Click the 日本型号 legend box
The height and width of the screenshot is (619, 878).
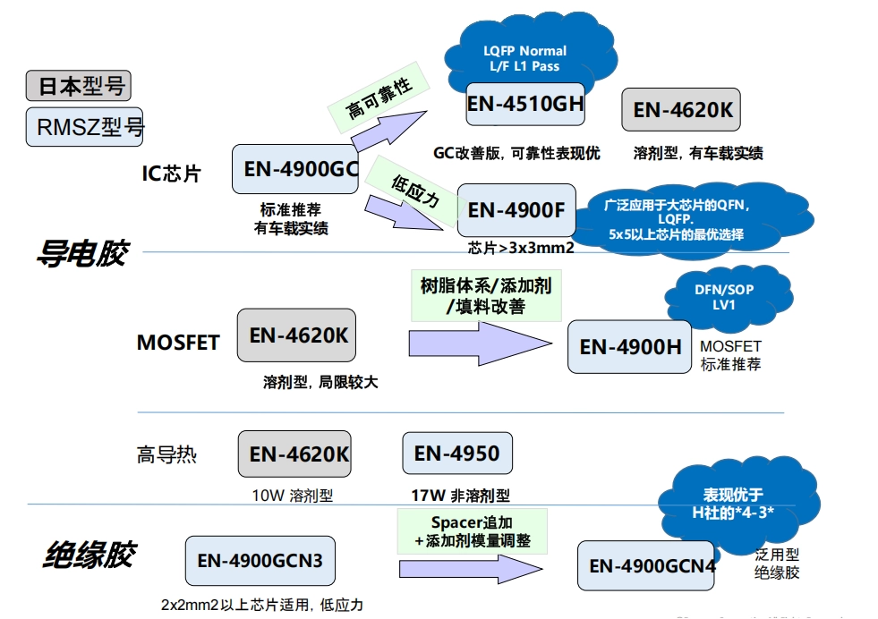click(79, 86)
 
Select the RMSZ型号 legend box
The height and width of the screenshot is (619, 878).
click(86, 126)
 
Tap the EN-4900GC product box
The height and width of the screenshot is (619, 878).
click(295, 168)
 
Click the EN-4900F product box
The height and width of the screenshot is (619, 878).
click(516, 210)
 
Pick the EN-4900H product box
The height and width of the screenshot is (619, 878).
click(630, 346)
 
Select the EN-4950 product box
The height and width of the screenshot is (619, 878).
click(456, 454)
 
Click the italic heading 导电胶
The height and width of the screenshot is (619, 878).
click(81, 254)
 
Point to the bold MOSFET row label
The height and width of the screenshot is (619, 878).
click(177, 343)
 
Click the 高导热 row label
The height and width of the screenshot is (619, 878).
click(166, 454)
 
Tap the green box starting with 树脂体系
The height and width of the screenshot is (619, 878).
click(485, 296)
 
